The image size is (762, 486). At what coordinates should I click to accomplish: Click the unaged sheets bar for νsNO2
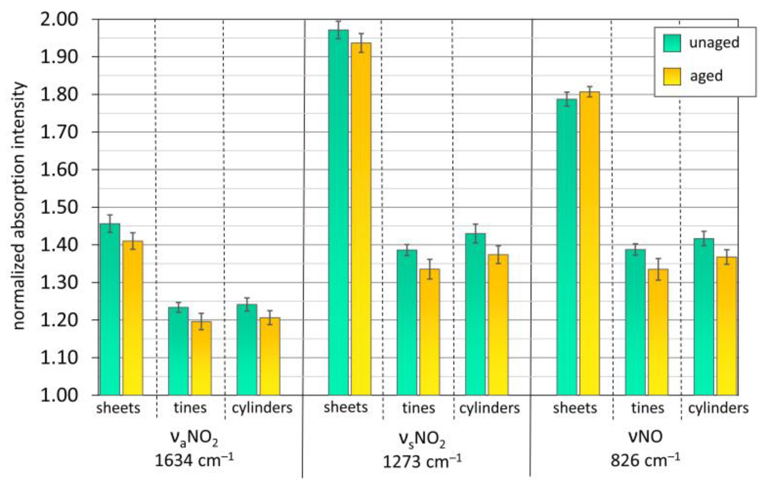coord(338,212)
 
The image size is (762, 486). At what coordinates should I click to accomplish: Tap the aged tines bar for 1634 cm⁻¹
coord(201,358)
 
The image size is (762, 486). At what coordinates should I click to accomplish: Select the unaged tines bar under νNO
coord(635,322)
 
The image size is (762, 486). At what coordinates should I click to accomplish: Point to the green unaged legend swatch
coord(672,43)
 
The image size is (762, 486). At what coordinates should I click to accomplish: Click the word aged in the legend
coord(706,76)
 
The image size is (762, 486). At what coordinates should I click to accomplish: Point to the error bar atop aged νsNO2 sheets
coord(361,43)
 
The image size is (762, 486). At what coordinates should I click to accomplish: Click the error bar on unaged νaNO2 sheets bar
coord(110,224)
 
